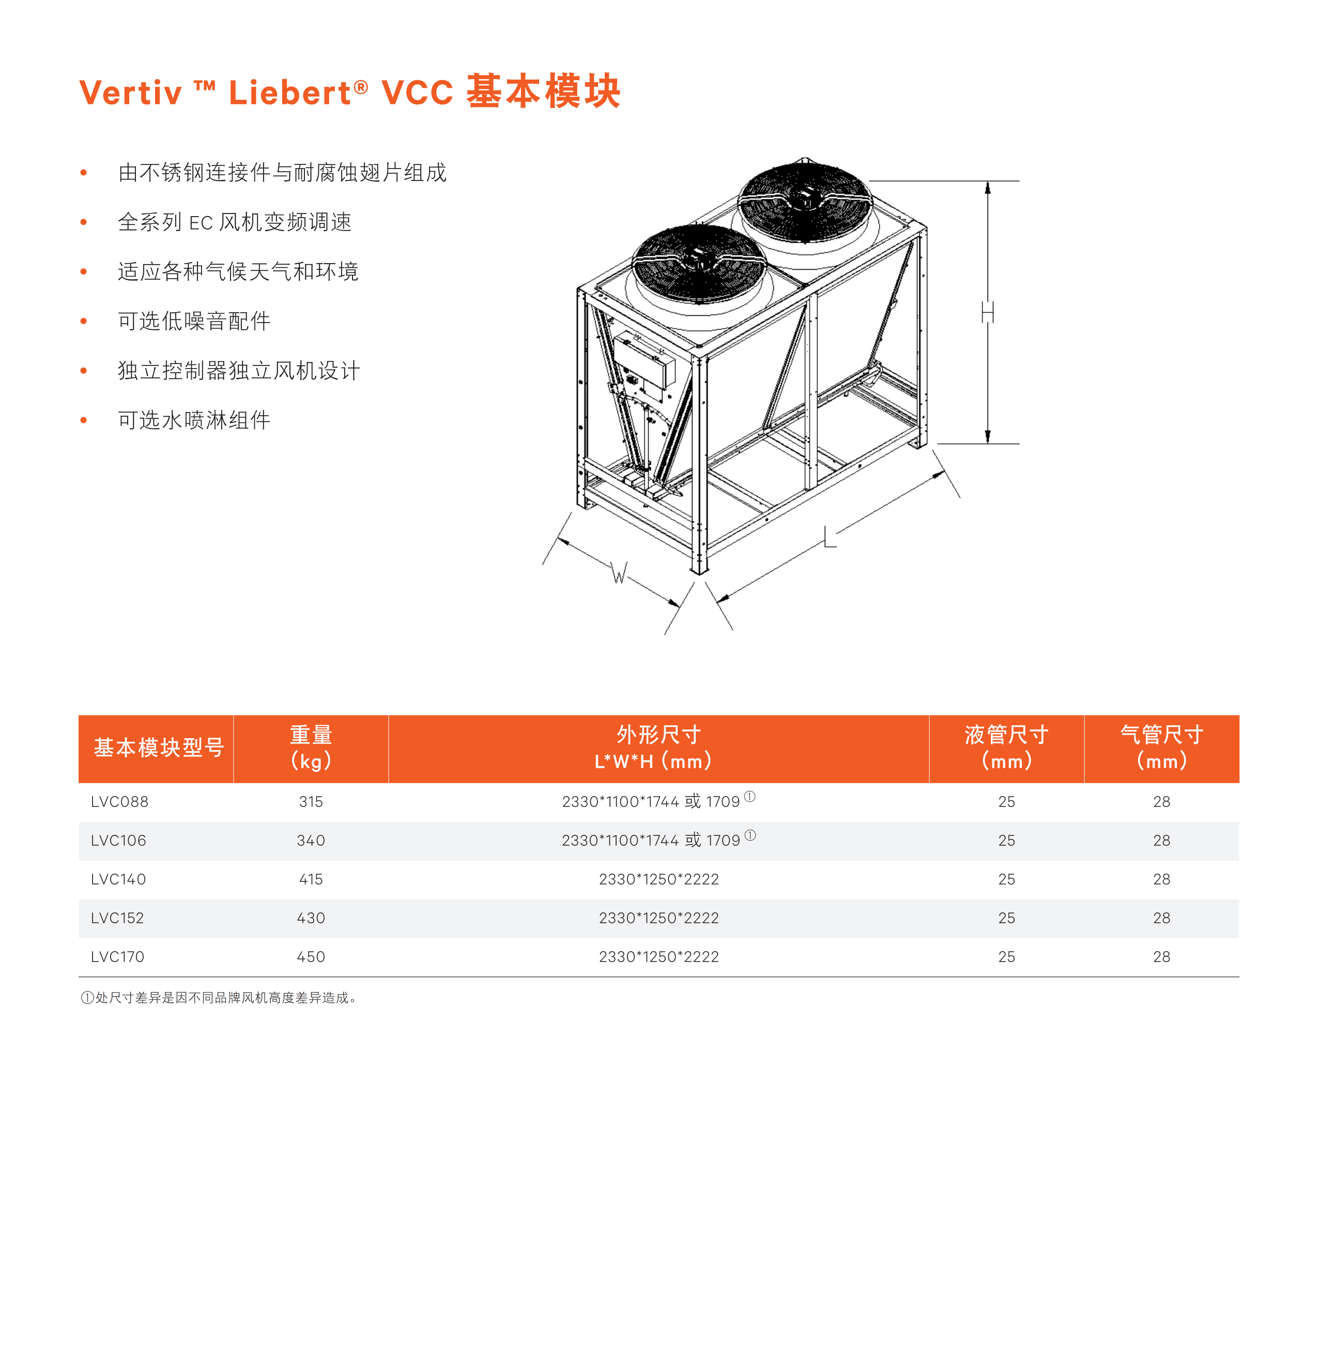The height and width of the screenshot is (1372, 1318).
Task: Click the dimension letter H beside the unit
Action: point(987,312)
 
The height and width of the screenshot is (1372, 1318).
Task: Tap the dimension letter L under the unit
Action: point(830,537)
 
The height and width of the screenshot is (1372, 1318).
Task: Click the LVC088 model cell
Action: point(120,801)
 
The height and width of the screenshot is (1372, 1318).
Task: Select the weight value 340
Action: point(311,840)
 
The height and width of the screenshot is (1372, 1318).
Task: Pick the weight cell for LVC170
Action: point(311,956)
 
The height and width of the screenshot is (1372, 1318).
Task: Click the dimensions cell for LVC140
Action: point(658,879)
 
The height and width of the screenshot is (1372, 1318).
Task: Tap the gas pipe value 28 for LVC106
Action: point(1161,840)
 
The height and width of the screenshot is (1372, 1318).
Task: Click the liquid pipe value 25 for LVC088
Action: point(1006,801)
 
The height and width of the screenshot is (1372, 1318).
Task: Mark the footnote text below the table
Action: point(219,998)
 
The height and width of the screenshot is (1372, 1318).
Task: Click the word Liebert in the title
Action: point(289,93)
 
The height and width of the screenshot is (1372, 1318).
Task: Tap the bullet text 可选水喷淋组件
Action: point(194,420)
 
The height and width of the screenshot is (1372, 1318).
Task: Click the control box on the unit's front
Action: point(643,360)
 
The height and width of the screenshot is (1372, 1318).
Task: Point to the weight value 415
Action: point(311,879)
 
